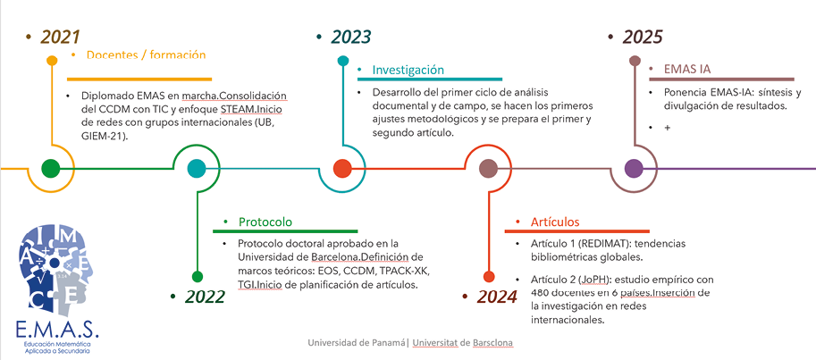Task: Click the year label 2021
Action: pos(60,37)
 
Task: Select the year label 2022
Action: pos(206,297)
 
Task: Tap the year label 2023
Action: pos(351,37)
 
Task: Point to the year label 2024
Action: pos(498,297)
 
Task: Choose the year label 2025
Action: pos(643,37)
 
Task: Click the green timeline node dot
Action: pos(50,169)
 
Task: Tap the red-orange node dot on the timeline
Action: pos(342,169)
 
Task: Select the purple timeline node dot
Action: pos(634,169)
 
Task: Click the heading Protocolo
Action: pos(265,222)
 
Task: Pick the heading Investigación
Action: pos(408,70)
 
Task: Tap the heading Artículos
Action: pos(555,222)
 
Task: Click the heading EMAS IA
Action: pos(687,70)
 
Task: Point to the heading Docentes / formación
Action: pos(147,55)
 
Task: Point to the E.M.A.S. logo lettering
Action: pos(57,330)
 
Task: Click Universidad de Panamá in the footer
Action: pos(357,343)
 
